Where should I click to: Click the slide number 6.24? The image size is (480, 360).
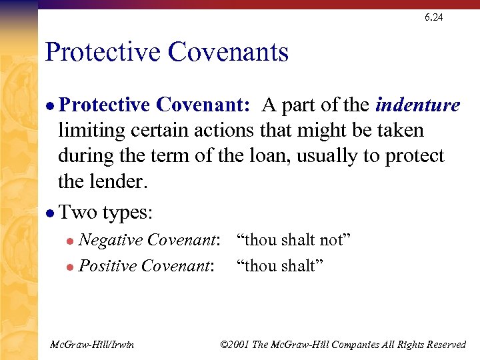433,17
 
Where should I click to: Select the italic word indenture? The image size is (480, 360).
418,105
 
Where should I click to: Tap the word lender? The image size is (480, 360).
121,181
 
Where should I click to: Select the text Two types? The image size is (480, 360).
106,213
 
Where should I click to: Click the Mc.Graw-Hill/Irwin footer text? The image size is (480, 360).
92,345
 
